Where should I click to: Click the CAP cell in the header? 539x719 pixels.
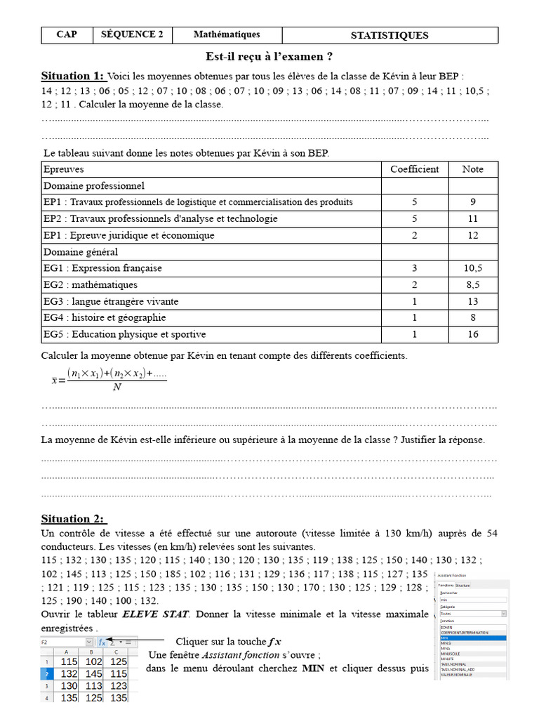[67, 34]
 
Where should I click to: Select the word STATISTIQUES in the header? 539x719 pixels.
[389, 35]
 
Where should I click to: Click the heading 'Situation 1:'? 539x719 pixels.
[72, 76]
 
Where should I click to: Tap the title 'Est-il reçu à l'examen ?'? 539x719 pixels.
[269, 56]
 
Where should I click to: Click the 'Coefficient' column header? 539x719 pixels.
[414, 169]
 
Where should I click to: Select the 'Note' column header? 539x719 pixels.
[472, 169]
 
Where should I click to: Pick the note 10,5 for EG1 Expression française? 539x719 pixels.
[472, 268]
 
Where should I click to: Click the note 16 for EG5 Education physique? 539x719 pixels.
[472, 334]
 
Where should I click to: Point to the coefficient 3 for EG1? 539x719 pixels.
[414, 268]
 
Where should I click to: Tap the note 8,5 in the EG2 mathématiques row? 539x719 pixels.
[472, 285]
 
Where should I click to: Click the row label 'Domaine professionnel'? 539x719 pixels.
[94, 186]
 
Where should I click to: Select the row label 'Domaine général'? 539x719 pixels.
[81, 251]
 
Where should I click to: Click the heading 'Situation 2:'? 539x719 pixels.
[73, 519]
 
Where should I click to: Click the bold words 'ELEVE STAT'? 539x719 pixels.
[155, 614]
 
